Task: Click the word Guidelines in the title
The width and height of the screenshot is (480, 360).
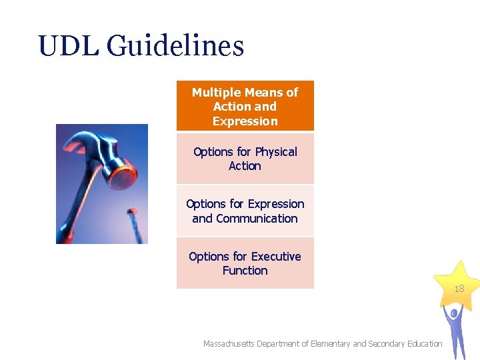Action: [x=175, y=47]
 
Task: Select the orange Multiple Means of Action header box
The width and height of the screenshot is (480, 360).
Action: [x=245, y=106]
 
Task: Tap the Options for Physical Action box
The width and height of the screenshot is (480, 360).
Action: [x=245, y=159]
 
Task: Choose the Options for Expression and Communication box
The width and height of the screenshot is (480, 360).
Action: [x=245, y=211]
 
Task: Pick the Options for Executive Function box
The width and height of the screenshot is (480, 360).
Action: [x=245, y=263]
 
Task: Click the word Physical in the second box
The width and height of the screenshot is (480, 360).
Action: [x=276, y=152]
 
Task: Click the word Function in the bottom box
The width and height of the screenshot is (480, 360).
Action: [x=245, y=271]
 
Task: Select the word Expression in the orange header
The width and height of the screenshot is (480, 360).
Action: [x=245, y=121]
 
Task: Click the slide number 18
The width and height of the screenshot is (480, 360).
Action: [x=459, y=289]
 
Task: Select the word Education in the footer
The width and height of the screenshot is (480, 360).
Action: [x=421, y=344]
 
